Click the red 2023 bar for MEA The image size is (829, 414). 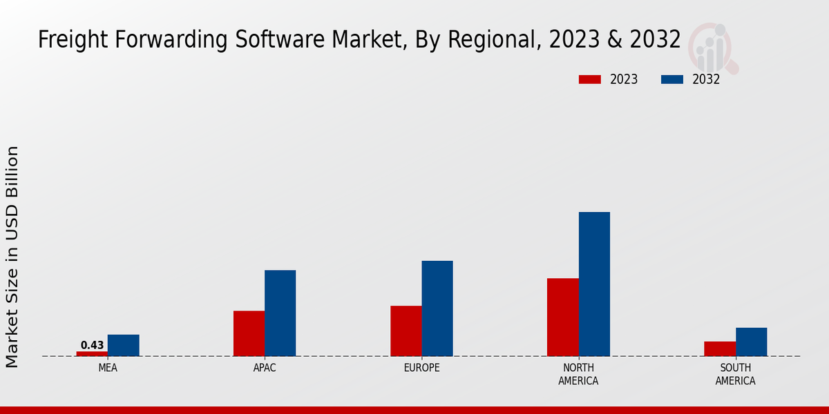(x=92, y=353)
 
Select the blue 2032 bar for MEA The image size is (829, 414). (x=124, y=345)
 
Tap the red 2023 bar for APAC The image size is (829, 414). (x=249, y=333)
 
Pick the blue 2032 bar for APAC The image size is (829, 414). (x=280, y=313)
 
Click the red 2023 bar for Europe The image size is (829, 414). (x=406, y=331)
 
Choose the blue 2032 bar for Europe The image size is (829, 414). (x=437, y=308)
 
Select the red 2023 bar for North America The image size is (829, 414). (x=563, y=317)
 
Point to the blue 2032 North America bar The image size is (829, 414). (x=594, y=284)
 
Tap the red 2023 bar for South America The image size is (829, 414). (x=720, y=348)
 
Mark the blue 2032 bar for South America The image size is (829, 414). (x=752, y=342)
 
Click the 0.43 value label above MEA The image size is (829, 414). (x=92, y=345)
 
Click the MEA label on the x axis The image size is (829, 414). (x=108, y=368)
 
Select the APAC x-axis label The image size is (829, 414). (x=265, y=368)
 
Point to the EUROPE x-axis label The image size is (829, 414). (x=421, y=368)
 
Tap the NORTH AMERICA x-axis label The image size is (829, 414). (x=578, y=374)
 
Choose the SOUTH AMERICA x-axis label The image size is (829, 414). (x=735, y=374)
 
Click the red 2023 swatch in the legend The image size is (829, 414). (x=589, y=79)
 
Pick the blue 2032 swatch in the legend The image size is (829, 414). (x=672, y=79)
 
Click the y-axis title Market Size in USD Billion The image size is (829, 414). (x=12, y=257)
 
